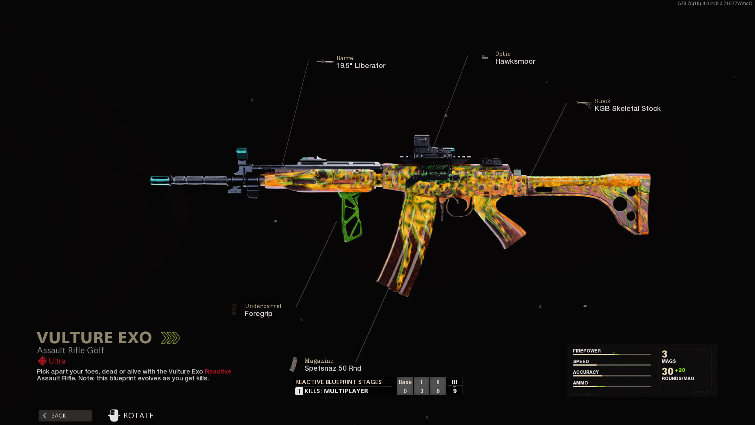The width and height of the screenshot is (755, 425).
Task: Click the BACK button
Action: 65,416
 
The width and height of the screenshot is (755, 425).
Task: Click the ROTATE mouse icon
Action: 114,416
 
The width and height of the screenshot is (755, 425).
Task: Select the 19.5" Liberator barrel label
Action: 361,66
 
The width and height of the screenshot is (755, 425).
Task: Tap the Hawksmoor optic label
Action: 515,61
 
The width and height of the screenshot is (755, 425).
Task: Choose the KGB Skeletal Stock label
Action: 627,109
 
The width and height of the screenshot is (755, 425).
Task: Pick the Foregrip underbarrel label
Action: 258,314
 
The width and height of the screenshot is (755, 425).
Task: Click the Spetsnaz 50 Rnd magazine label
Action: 333,368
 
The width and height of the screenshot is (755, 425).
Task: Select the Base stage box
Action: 405,386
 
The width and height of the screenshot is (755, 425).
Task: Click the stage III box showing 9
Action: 455,386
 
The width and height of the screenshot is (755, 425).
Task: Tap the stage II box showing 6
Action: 438,386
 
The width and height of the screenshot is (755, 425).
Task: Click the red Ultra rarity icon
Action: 42,361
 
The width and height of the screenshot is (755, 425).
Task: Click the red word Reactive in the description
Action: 218,371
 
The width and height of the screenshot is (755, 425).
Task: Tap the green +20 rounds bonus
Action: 680,370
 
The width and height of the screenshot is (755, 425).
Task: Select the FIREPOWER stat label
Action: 587,351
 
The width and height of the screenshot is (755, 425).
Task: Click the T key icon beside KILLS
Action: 299,391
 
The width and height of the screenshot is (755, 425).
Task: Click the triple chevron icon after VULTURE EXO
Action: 171,338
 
